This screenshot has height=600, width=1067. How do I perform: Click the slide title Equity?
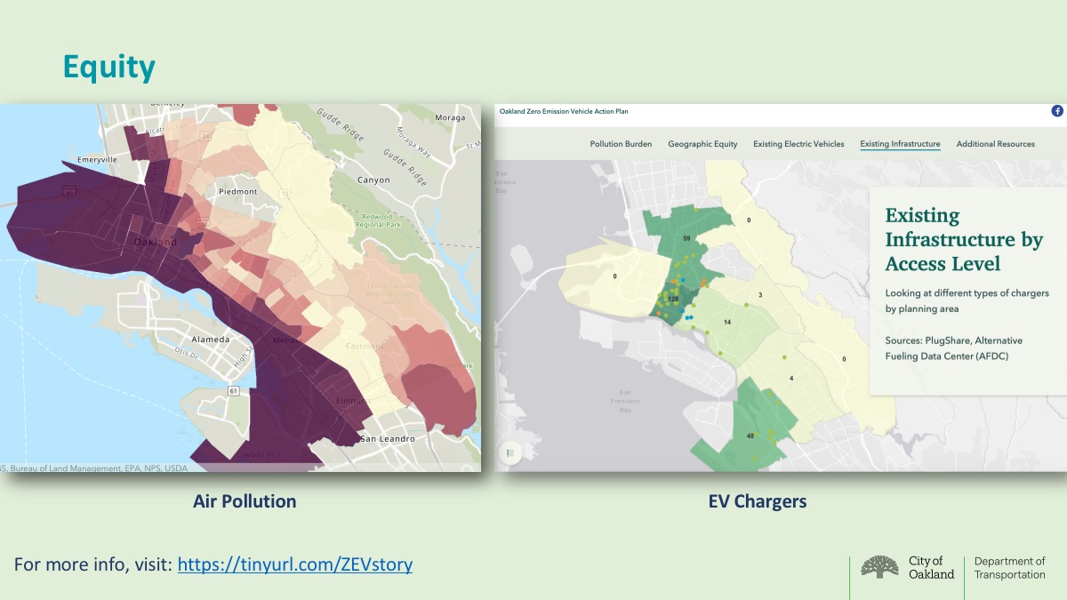pos(108,68)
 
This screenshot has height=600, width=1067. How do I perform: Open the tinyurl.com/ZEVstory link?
pos(294,564)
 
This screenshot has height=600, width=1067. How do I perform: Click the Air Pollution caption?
pos(245,501)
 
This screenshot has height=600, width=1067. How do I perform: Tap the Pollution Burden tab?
pos(621,144)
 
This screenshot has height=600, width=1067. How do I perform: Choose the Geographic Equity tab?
pos(702,144)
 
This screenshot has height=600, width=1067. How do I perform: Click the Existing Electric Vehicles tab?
pos(798,144)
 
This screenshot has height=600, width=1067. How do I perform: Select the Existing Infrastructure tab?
pos(900,144)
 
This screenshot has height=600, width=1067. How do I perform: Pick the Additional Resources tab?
pos(995,144)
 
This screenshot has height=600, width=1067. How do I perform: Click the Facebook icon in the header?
pos(1057,111)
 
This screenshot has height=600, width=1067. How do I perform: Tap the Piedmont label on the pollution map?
pos(237,191)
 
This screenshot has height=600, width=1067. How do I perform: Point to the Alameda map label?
pos(212,340)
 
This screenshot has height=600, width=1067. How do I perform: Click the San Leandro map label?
pos(388,439)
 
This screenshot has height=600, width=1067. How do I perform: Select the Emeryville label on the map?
pos(97,159)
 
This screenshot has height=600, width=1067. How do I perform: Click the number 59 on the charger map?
pos(686,238)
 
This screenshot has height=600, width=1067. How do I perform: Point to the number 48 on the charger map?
pos(750,436)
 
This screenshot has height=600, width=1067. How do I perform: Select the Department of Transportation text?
pos(1009,568)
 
